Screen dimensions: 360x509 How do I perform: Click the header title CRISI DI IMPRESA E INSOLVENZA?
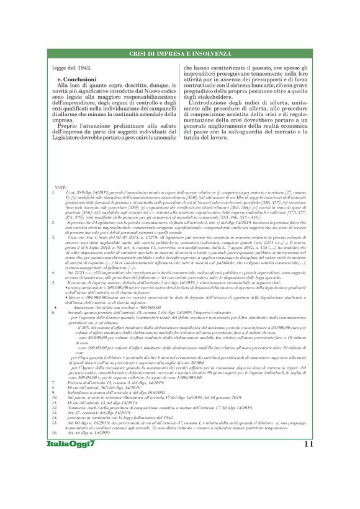180,54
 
